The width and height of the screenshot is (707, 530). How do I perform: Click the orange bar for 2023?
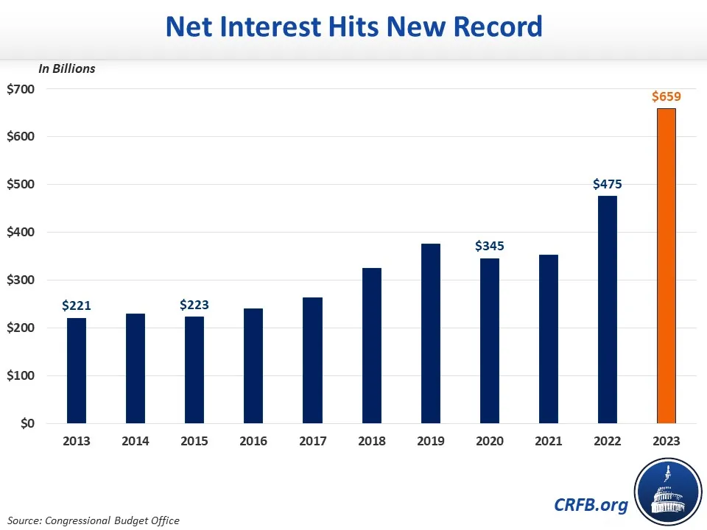tap(666, 266)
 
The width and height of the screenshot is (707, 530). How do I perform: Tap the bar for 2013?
tap(77, 370)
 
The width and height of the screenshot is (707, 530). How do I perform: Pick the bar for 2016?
tap(253, 366)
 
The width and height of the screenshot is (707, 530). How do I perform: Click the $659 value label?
tap(666, 96)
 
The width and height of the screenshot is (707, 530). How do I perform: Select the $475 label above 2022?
tap(607, 184)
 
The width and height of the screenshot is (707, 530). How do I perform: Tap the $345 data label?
tap(489, 246)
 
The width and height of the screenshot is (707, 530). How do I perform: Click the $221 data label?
tap(77, 305)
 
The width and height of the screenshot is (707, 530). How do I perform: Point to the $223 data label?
tap(194, 304)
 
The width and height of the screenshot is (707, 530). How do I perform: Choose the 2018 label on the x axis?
tap(371, 441)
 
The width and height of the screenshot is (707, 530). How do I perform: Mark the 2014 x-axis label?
tap(136, 441)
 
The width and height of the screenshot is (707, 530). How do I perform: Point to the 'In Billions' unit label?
tap(67, 68)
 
